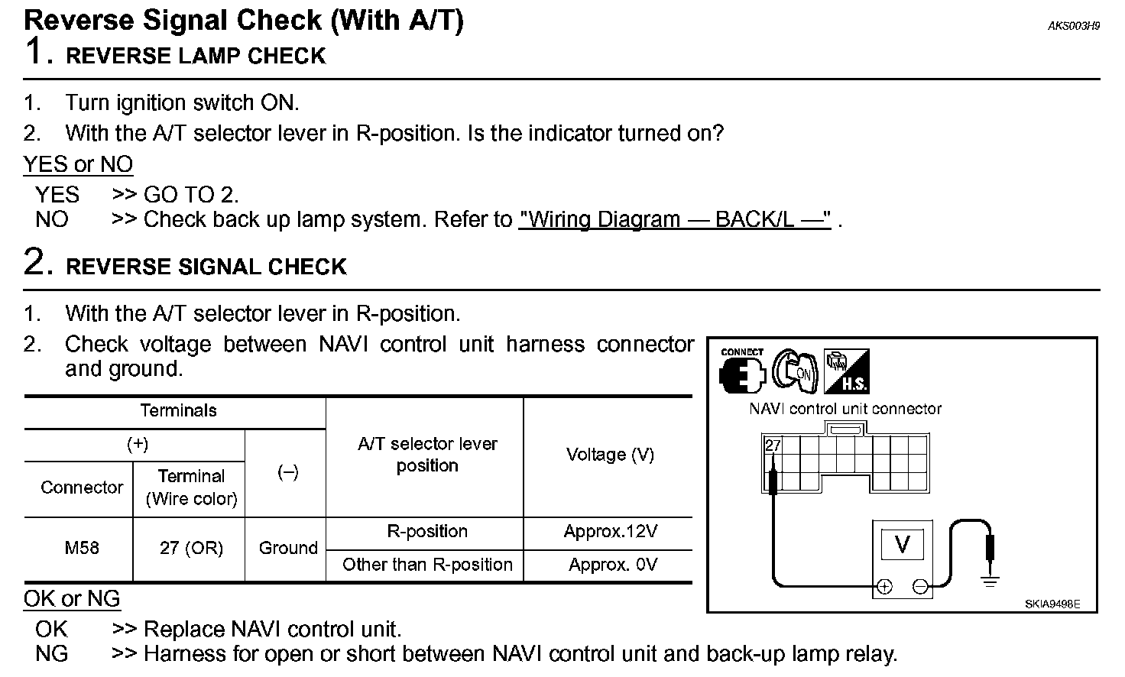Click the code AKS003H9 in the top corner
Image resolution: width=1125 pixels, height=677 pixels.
tap(1073, 26)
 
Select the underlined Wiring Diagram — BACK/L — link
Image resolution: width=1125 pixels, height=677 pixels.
tap(674, 220)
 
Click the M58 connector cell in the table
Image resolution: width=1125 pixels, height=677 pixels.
tap(81, 549)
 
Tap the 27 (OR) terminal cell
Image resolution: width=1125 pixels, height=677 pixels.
tap(191, 549)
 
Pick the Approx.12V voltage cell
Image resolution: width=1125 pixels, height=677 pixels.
tap(610, 532)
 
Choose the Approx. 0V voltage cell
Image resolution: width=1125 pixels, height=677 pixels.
tap(612, 565)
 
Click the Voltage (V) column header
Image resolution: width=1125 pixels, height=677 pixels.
tap(610, 455)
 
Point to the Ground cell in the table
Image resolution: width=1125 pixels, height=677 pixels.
tap(288, 549)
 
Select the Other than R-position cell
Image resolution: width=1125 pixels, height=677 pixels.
tap(427, 565)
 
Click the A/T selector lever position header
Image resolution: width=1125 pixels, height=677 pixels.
tap(427, 455)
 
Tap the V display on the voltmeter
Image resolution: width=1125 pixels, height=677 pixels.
tap(902, 545)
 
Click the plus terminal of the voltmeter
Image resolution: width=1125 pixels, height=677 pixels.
tap(884, 587)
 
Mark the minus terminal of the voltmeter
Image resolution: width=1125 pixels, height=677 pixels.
tap(921, 587)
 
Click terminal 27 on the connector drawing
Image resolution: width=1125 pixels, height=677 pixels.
tap(773, 445)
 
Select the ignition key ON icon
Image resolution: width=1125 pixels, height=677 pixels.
tap(795, 371)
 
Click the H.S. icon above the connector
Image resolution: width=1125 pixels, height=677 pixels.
tap(846, 372)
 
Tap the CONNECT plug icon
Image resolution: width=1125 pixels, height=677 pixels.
tap(742, 372)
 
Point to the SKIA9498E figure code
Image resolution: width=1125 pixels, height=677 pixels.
tap(1052, 604)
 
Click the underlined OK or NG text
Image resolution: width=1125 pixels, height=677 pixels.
tap(72, 599)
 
